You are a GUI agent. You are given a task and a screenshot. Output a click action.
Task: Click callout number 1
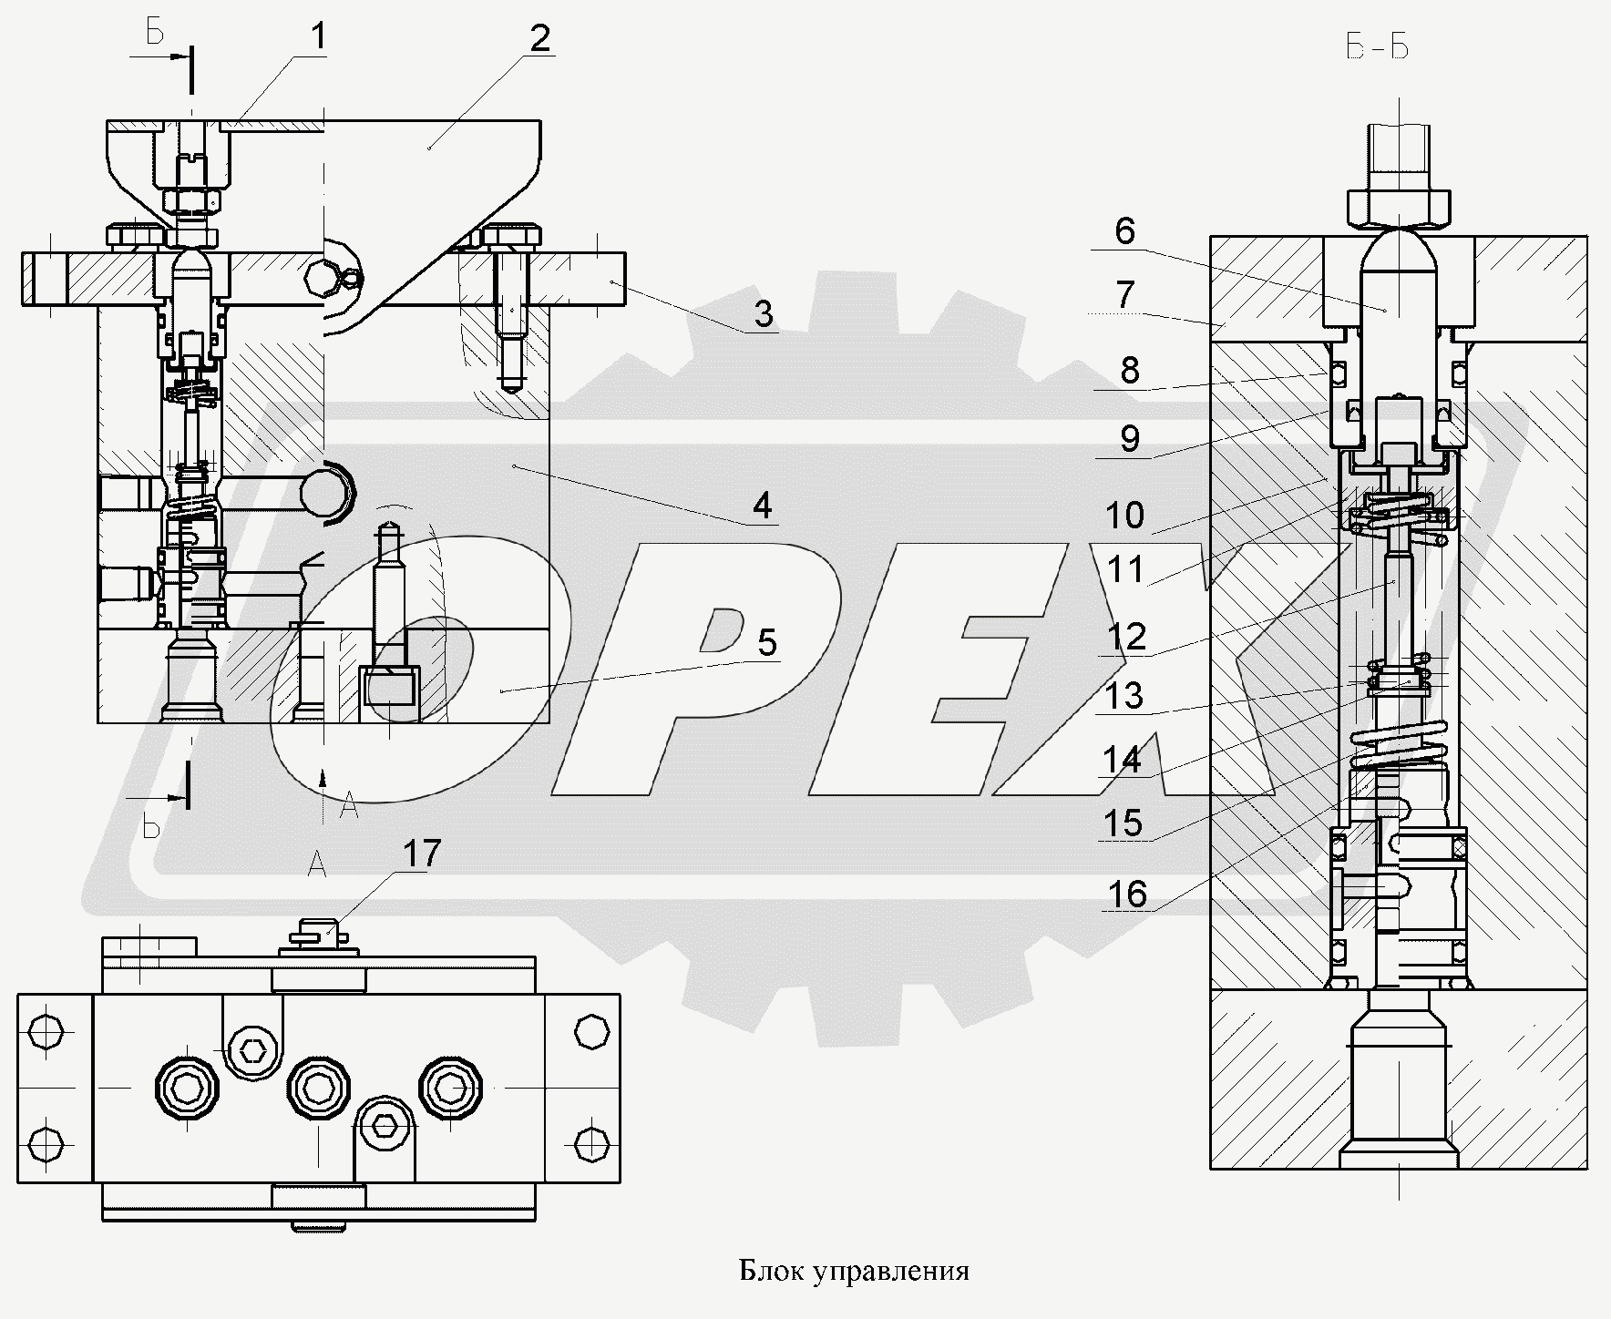[318, 37]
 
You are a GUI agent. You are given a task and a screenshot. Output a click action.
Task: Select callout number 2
[539, 39]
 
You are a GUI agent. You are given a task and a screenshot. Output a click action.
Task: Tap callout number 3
[763, 314]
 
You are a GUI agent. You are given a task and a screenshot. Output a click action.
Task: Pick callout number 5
[766, 643]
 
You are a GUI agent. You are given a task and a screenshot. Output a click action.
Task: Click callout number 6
[1124, 231]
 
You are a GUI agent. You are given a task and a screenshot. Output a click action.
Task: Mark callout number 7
[1124, 294]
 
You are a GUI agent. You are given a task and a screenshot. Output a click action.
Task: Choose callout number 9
[1129, 439]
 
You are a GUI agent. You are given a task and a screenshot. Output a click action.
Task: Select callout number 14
[1123, 758]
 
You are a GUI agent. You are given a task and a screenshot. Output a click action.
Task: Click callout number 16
[1126, 894]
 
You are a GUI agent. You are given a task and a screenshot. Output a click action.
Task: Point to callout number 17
[422, 854]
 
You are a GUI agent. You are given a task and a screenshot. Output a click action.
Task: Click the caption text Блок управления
[854, 1271]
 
